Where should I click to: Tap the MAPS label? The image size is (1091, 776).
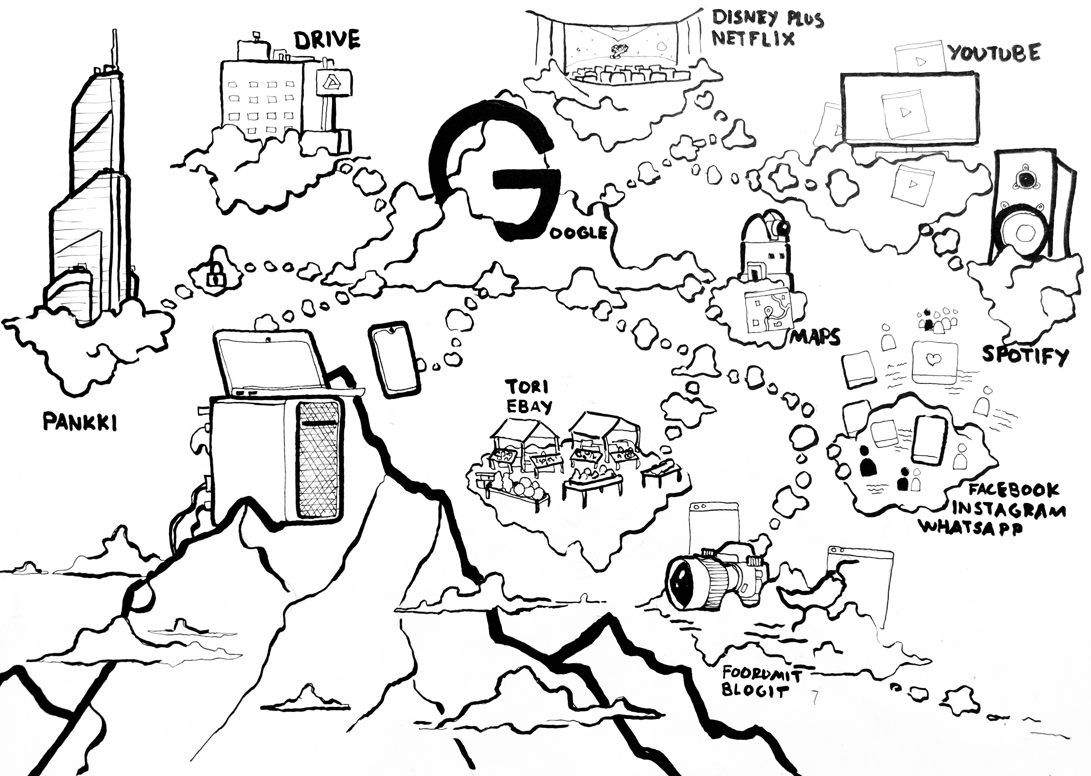click(815, 338)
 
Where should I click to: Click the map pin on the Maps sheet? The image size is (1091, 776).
click(768, 312)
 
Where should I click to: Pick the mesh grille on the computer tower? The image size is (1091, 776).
click(319, 461)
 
